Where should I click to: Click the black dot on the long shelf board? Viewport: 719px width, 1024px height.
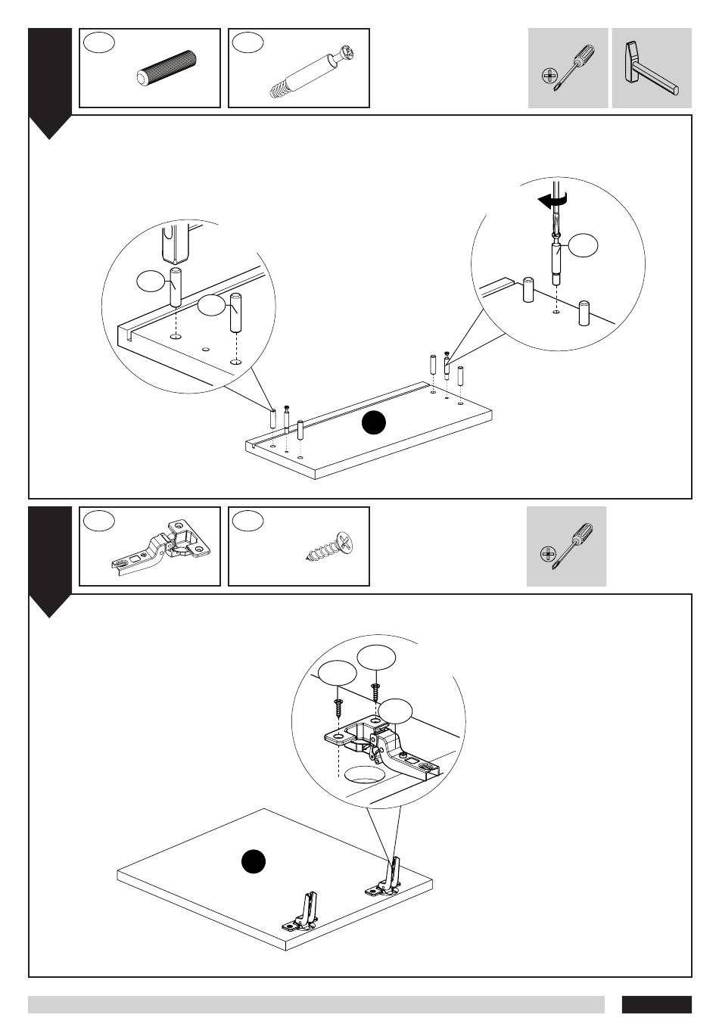[x=373, y=423]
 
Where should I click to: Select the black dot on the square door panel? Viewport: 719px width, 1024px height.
[x=254, y=862]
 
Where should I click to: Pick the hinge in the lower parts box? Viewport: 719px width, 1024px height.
[x=158, y=547]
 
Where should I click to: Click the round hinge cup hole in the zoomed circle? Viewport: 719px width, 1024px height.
[x=365, y=774]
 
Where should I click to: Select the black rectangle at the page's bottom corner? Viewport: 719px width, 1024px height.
[x=656, y=1004]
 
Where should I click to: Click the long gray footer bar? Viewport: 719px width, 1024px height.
[x=316, y=1004]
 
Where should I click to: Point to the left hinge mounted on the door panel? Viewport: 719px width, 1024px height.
[x=303, y=914]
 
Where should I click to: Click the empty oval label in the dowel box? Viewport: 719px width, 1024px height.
[x=99, y=42]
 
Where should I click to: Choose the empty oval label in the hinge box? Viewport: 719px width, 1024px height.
[x=99, y=521]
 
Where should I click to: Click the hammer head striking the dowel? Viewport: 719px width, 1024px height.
[x=175, y=241]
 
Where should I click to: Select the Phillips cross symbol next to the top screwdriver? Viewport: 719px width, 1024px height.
[x=549, y=75]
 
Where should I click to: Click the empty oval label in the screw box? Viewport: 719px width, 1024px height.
[x=248, y=521]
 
